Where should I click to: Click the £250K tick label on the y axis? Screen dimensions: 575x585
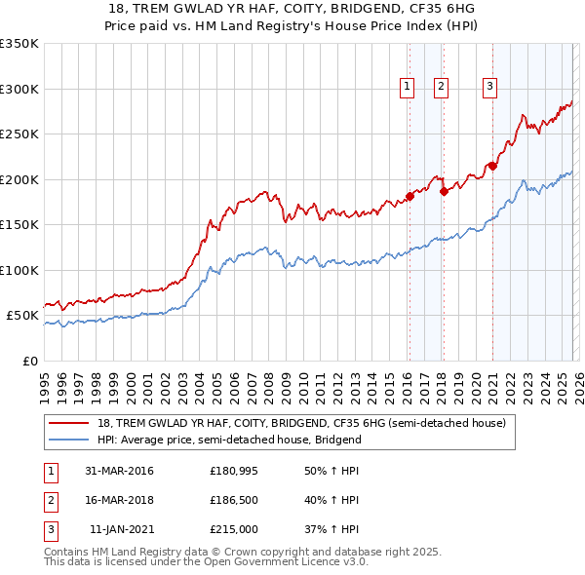pos(19,134)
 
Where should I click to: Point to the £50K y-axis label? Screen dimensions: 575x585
pos(21,316)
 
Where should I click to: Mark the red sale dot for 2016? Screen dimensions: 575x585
pos(409,196)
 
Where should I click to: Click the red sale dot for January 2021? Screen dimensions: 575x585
pos(493,166)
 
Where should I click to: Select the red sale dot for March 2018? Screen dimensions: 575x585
pos(444,191)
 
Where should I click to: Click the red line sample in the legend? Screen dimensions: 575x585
pos(69,424)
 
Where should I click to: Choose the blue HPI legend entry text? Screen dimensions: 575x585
pos(230,440)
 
